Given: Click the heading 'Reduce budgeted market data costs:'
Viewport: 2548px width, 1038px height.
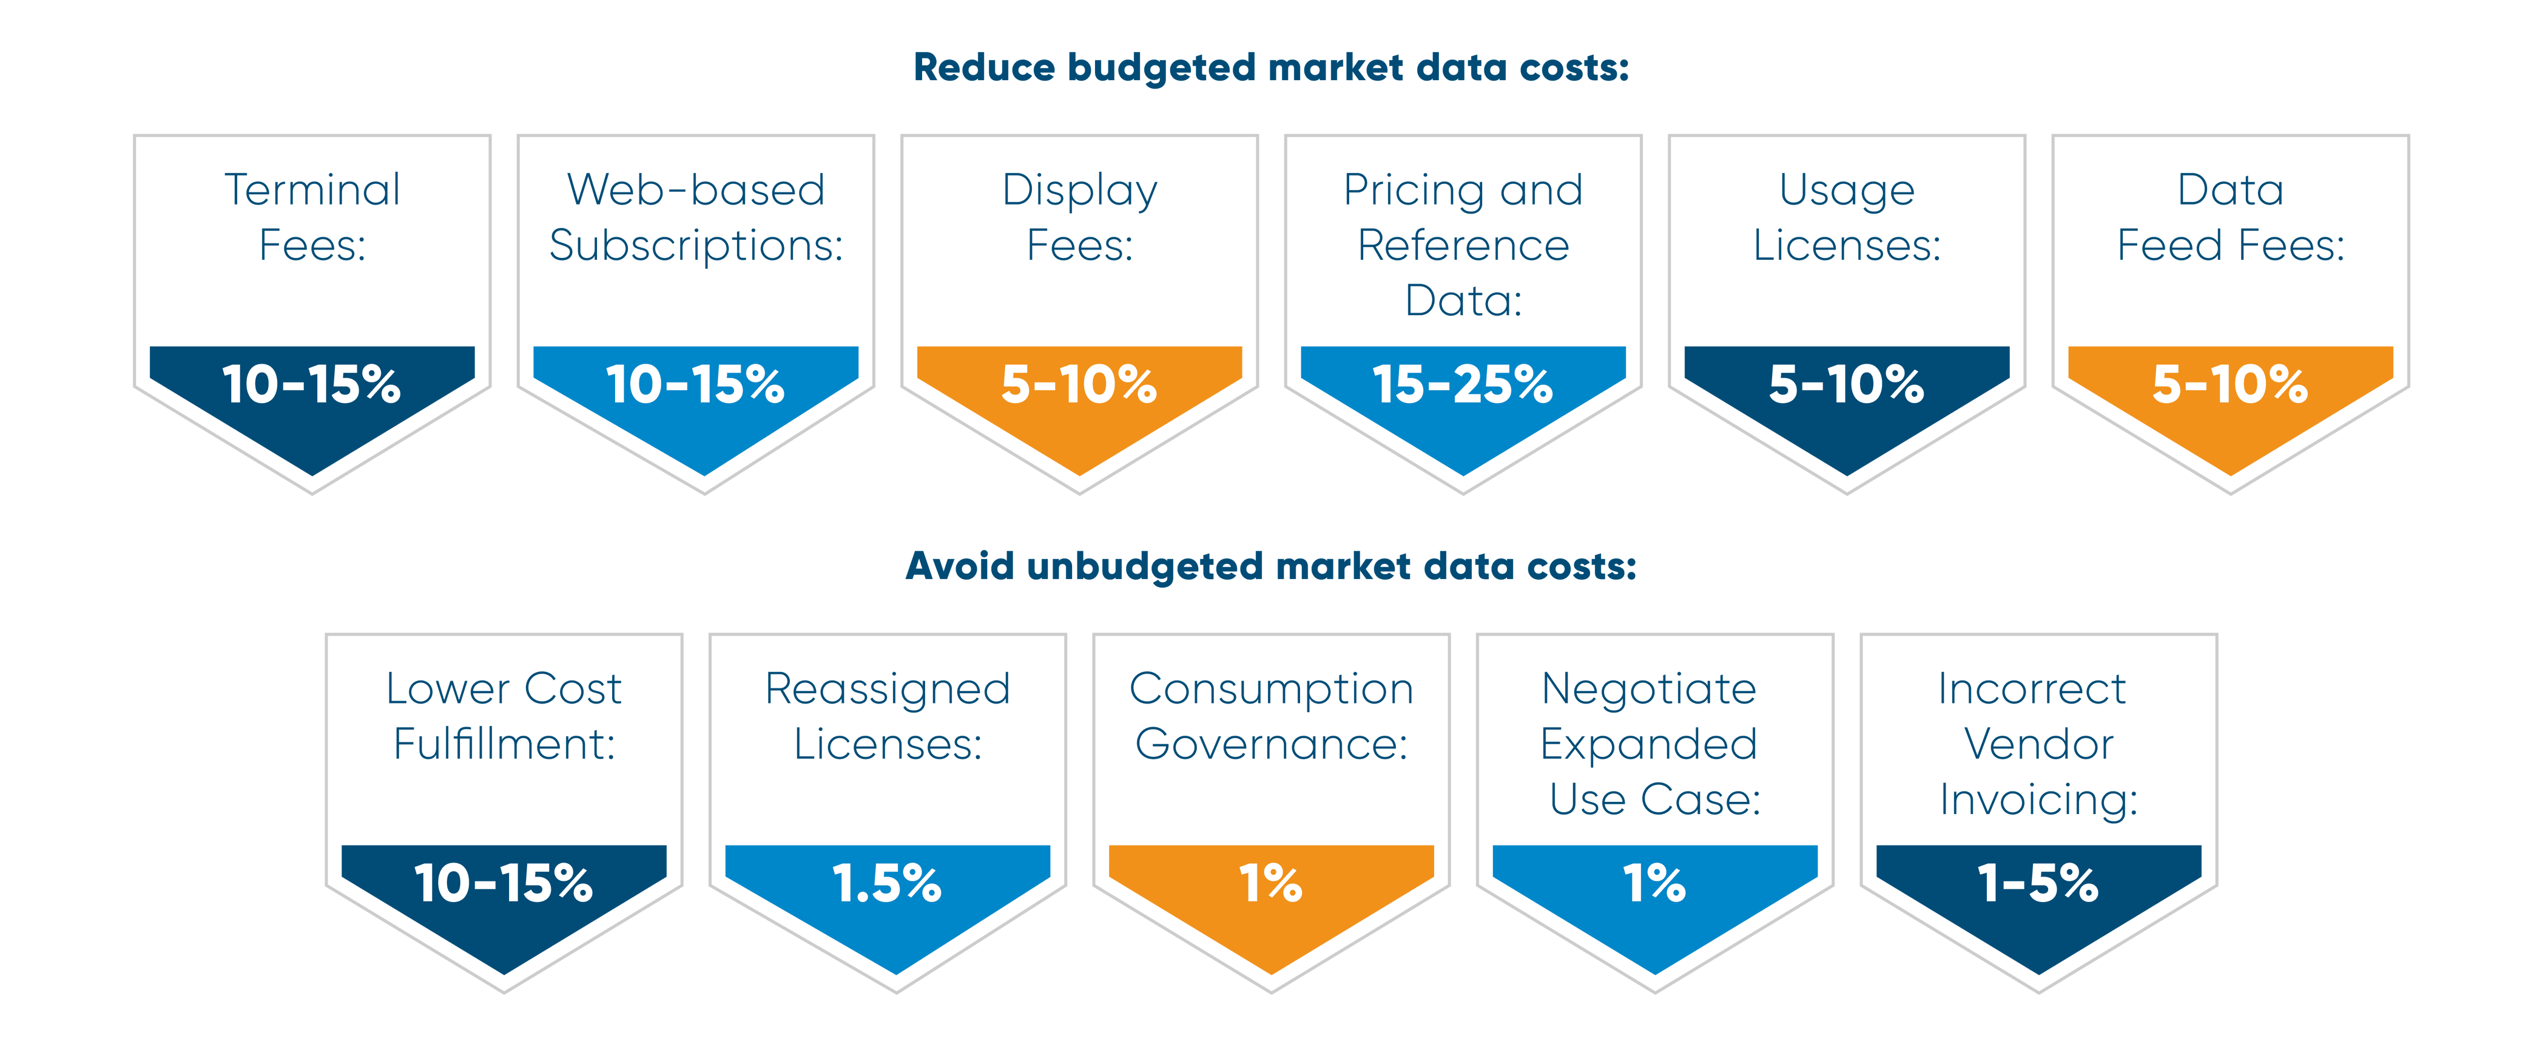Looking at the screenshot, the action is pyautogui.click(x=1271, y=68).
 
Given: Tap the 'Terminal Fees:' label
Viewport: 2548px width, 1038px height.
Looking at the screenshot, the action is pyautogui.click(x=312, y=217).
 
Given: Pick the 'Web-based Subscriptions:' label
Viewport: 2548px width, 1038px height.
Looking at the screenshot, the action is pyautogui.click(x=696, y=217).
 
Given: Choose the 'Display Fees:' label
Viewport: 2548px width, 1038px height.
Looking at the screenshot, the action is pyautogui.click(x=1080, y=217).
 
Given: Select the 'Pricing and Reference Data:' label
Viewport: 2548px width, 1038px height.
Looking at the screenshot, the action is pyautogui.click(x=1464, y=245).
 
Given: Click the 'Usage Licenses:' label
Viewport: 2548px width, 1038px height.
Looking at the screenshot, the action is pyautogui.click(x=1848, y=217).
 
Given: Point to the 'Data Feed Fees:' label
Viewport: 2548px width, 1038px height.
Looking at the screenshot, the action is pyautogui.click(x=2231, y=217).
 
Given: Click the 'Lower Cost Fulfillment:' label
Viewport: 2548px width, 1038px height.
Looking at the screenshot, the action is pyautogui.click(x=505, y=716).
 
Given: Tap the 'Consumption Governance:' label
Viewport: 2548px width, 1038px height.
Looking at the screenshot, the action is pyautogui.click(x=1272, y=716).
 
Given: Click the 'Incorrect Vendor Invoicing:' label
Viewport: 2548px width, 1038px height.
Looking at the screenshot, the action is pyautogui.click(x=2038, y=743).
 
